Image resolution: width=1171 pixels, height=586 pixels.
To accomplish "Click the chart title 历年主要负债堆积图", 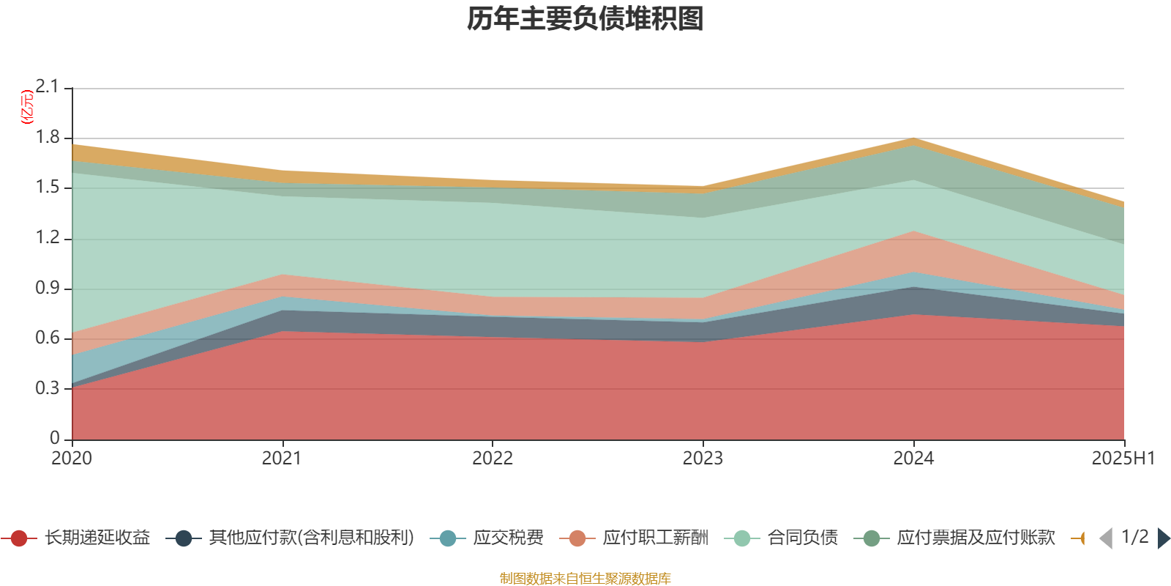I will [585, 19].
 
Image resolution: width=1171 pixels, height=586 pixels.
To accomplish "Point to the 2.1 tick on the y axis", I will [48, 87].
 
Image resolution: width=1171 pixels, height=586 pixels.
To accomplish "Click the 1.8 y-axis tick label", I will [48, 138].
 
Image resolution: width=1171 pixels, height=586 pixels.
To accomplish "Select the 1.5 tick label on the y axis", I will [48, 188].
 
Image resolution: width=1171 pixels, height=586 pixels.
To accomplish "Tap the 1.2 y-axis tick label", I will [48, 238].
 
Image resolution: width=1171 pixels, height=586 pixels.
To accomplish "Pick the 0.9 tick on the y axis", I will [48, 288].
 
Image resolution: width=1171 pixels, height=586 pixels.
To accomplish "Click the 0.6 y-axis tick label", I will [48, 338].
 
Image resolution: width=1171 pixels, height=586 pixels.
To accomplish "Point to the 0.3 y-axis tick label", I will [48, 388].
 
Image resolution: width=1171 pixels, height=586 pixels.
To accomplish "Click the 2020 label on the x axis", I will [72, 459].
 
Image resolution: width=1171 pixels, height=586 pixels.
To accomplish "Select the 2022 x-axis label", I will [493, 459].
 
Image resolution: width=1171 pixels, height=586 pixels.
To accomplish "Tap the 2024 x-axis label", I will [913, 459].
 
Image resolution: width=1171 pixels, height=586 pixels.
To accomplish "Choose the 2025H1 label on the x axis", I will [1123, 459].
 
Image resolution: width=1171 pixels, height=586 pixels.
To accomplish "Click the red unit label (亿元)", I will [27, 107].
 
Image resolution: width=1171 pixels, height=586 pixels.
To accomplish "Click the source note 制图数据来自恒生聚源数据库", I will [585, 579].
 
